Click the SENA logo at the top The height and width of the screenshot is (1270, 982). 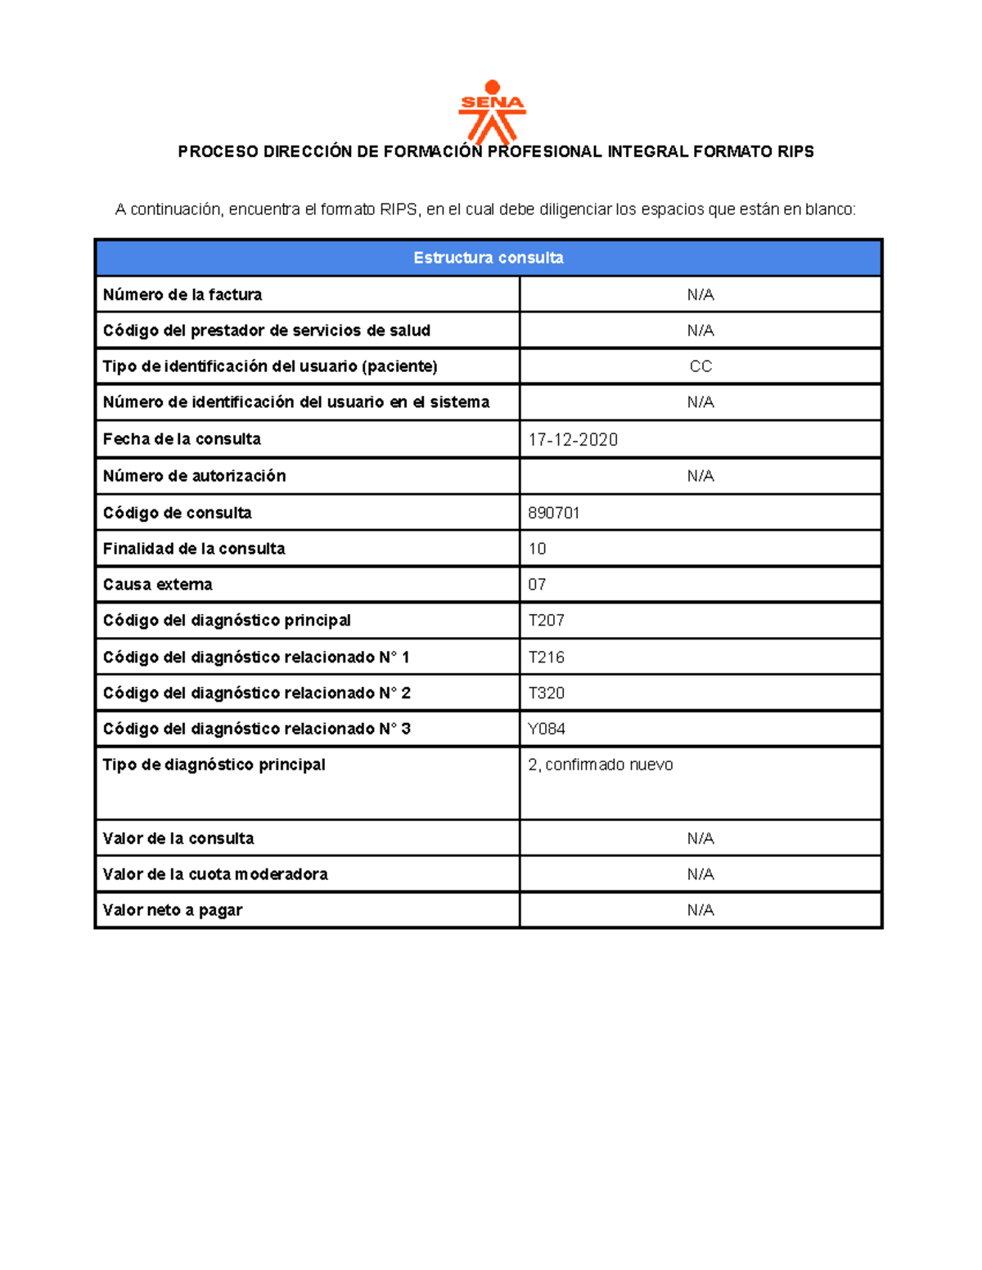(x=492, y=112)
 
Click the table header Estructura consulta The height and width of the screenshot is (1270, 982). (x=489, y=258)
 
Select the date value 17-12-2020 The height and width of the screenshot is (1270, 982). (x=573, y=440)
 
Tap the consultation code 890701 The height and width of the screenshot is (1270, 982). (x=554, y=513)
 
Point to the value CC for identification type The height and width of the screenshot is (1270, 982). (x=700, y=366)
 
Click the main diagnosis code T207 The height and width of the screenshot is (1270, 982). (x=547, y=621)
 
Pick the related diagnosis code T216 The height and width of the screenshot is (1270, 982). (x=547, y=657)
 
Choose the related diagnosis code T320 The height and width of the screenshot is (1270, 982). (x=547, y=693)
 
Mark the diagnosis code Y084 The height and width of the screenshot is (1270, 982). (x=547, y=729)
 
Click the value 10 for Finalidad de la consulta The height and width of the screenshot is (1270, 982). (x=537, y=549)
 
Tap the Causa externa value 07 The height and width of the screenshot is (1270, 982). (x=537, y=585)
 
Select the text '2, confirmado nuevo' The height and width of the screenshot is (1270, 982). (x=601, y=765)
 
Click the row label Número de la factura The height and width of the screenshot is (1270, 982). (x=182, y=294)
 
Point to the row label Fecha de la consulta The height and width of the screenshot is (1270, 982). (x=182, y=439)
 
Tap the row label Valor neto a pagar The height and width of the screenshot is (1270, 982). (x=173, y=910)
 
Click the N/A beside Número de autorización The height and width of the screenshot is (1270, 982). (x=700, y=476)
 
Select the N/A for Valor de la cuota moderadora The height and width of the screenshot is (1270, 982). (x=700, y=874)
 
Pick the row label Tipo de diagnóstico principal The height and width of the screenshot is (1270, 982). (x=214, y=765)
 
